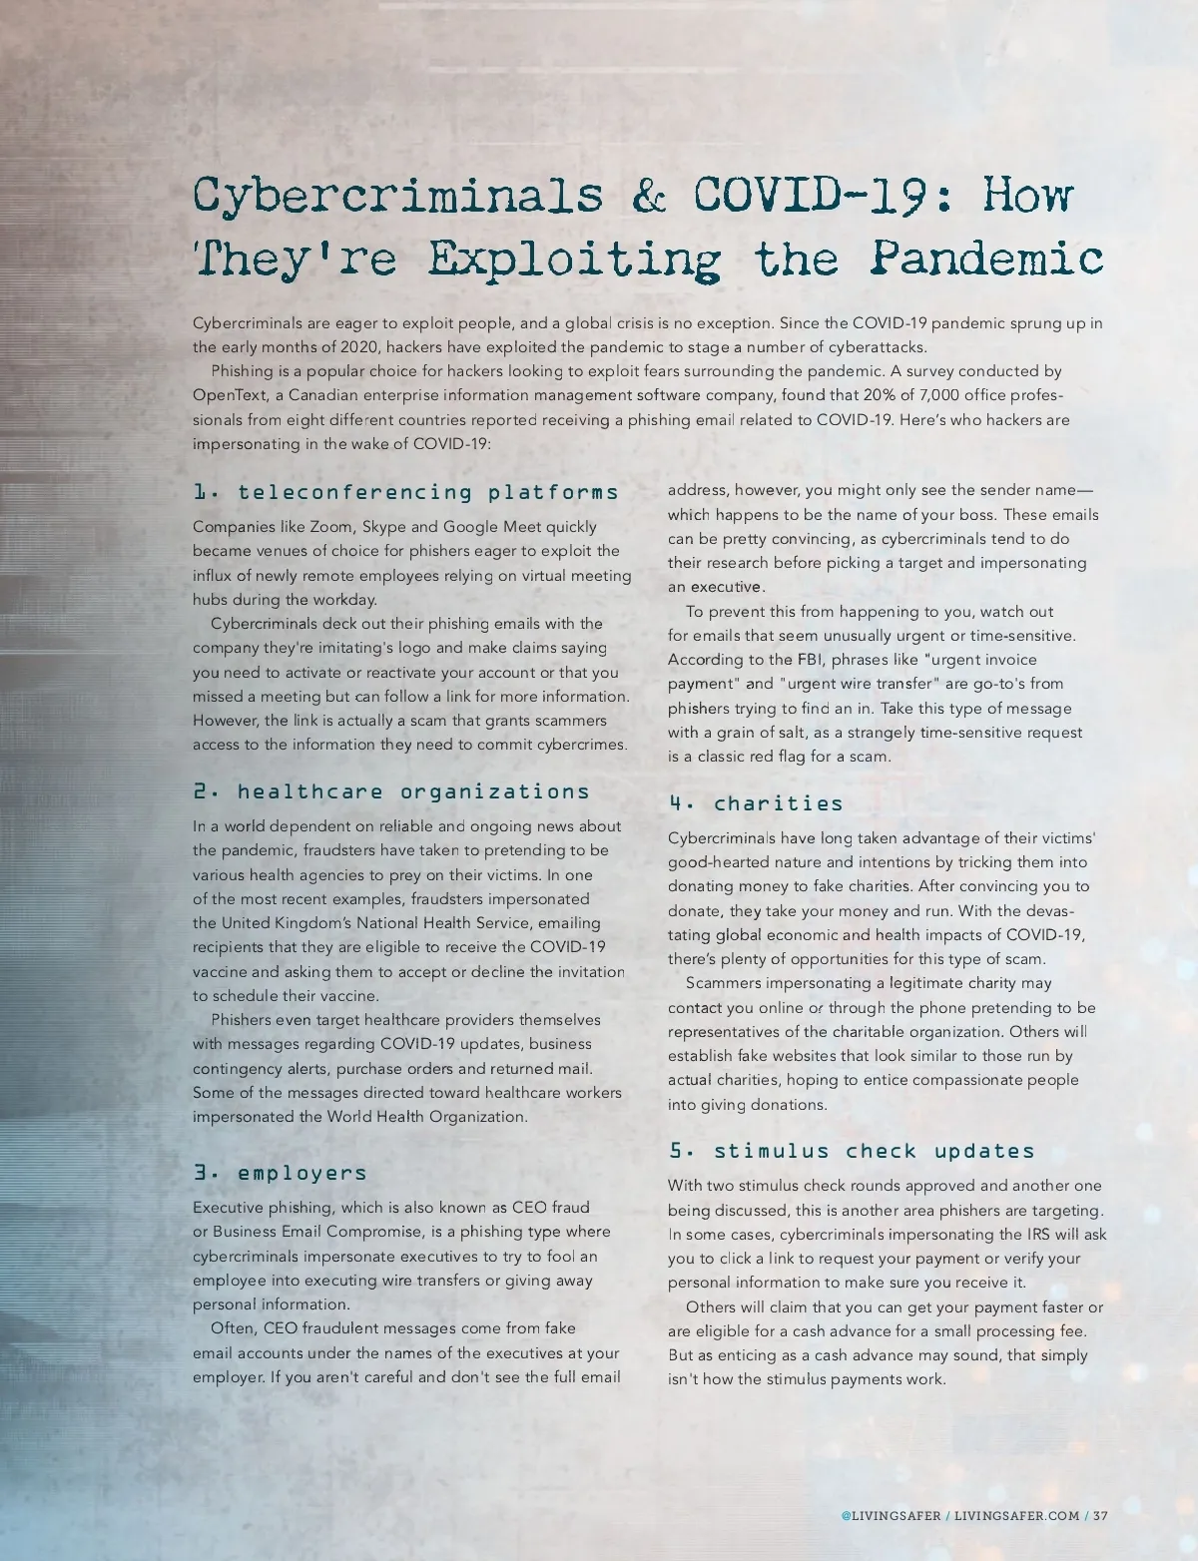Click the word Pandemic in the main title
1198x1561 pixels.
point(986,259)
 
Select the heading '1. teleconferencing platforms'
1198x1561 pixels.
point(405,492)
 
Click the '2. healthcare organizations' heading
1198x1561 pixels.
point(391,791)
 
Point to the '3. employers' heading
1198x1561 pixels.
point(281,1173)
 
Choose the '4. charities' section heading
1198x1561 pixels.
point(756,803)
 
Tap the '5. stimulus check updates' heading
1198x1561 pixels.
point(852,1151)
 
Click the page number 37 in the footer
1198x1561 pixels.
point(1100,1515)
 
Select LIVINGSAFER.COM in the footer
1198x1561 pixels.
point(1016,1515)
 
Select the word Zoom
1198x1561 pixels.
point(330,527)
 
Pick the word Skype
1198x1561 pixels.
point(383,527)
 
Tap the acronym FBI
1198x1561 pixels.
point(809,660)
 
